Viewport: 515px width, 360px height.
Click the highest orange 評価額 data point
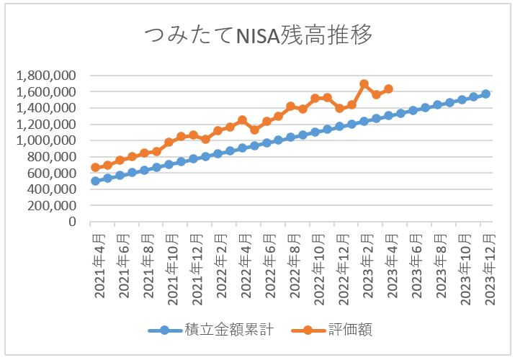click(x=364, y=84)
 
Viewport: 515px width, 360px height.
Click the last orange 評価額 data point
click(x=388, y=89)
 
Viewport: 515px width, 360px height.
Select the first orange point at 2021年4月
click(x=95, y=167)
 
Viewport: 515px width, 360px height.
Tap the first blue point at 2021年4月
click(x=95, y=181)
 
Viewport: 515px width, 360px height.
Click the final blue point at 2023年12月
click(x=485, y=94)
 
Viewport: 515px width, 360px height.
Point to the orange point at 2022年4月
click(x=242, y=120)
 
